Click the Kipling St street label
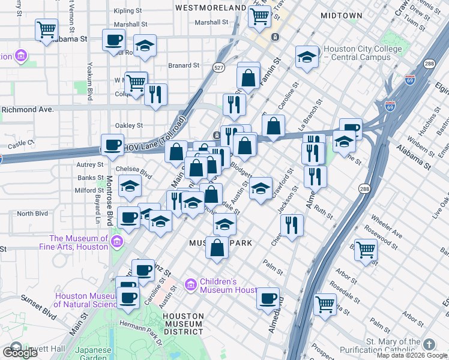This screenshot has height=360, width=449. coord(127,11)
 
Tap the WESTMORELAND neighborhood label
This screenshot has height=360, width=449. coord(211,8)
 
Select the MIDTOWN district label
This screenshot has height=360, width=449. coord(342,15)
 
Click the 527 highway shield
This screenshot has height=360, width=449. coord(220,68)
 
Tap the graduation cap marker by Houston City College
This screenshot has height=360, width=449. coord(307,58)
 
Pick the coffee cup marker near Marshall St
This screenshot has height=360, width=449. coord(113,41)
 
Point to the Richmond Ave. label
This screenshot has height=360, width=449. coord(28,110)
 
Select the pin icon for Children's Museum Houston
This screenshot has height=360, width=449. coord(191,283)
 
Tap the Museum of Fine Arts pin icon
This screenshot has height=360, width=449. coord(117,242)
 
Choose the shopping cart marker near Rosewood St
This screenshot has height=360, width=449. coord(365,249)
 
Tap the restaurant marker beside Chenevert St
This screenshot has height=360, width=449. coord(291,226)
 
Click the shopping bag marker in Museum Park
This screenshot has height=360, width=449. coord(217,247)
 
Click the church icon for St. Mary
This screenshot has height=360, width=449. coord(429,344)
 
